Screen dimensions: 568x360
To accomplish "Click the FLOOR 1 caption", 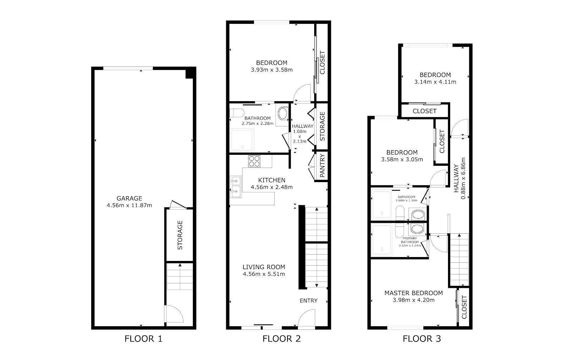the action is [x=143, y=339].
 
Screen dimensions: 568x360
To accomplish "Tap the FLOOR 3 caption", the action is [x=422, y=339].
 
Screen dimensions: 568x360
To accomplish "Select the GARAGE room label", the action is [x=129, y=198].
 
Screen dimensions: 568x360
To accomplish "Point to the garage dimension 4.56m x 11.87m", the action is [x=129, y=205].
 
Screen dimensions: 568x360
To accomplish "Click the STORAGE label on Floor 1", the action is [x=180, y=235].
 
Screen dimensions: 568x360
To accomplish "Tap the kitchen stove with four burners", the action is [x=254, y=161].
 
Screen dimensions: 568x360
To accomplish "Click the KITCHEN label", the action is [x=272, y=180].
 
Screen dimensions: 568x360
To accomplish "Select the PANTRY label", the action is [x=322, y=166].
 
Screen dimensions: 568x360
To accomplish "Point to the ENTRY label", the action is [x=308, y=300].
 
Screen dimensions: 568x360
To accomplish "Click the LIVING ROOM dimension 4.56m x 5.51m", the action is [x=264, y=274].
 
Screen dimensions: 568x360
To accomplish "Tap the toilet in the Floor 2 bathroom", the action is [x=237, y=113].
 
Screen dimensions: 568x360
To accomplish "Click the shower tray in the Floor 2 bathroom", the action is [x=242, y=140].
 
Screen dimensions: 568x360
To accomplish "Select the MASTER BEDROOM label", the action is [x=414, y=293].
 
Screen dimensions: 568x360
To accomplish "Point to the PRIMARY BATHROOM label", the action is [x=410, y=240].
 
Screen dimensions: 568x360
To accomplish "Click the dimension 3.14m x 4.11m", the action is [x=435, y=82].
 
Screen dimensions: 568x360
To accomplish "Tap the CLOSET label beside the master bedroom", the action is [x=464, y=307].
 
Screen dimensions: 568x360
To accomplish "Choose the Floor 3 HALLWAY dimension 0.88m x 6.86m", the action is [x=463, y=178].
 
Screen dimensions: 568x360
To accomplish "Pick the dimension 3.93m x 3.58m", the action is [x=272, y=70].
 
